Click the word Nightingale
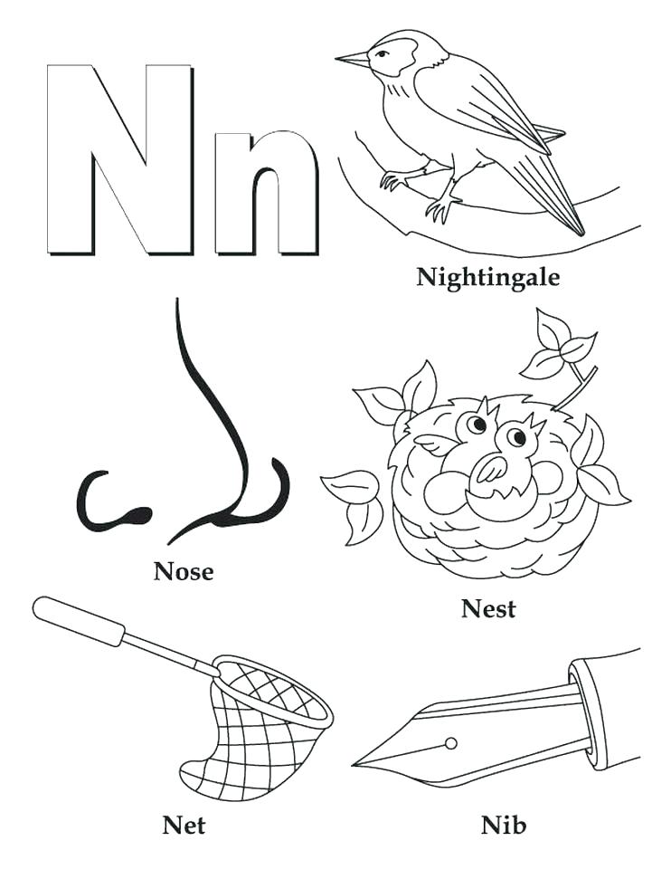[x=487, y=277]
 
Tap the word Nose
[x=184, y=571]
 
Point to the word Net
[x=184, y=826]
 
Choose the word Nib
[x=504, y=826]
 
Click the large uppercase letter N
[x=120, y=159]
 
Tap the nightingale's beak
[x=352, y=61]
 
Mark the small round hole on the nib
[x=450, y=743]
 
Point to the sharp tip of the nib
[x=356, y=763]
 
